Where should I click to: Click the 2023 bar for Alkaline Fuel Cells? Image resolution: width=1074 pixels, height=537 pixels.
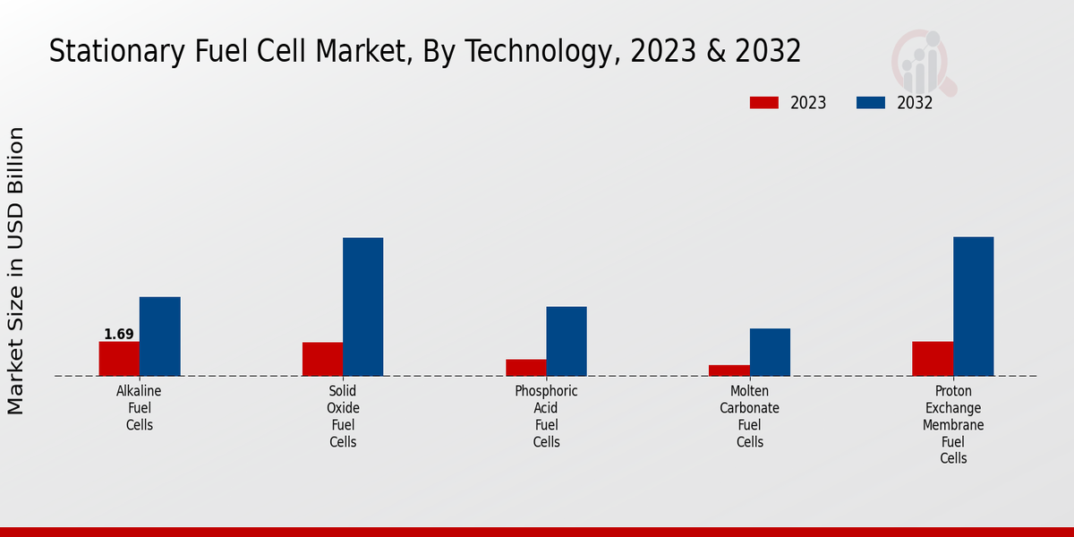[x=119, y=359]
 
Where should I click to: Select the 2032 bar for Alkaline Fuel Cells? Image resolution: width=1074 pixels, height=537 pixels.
[x=159, y=337]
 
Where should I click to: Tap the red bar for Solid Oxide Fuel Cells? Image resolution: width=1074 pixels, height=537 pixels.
[x=322, y=359]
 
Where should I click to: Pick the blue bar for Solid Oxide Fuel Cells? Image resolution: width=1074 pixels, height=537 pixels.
[x=362, y=307]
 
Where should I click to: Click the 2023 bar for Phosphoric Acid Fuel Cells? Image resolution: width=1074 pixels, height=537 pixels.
[x=525, y=368]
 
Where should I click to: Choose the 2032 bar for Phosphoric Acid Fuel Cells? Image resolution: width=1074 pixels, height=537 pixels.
[x=567, y=341]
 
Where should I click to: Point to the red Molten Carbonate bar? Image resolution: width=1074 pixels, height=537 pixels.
[x=729, y=371]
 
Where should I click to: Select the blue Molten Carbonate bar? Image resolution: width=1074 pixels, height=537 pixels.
[x=770, y=353]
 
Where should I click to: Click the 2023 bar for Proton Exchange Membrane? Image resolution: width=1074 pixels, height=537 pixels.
[x=933, y=359]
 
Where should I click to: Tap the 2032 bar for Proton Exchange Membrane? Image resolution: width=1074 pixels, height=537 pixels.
[x=973, y=306]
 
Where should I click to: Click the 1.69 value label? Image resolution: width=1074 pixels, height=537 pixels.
[x=119, y=335]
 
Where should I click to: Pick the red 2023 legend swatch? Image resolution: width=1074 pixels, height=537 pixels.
[x=763, y=103]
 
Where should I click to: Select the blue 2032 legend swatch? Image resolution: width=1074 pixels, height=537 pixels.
[x=871, y=103]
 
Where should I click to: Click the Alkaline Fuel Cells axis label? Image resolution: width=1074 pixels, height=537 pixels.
[x=139, y=408]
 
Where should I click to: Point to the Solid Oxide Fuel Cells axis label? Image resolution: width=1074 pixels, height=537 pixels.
[x=343, y=416]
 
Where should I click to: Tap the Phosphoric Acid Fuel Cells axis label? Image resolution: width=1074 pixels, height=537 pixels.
[x=546, y=416]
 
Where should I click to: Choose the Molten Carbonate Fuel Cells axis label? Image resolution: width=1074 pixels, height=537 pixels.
[x=749, y=416]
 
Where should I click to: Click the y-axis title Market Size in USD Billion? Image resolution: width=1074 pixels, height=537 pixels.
[x=16, y=270]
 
